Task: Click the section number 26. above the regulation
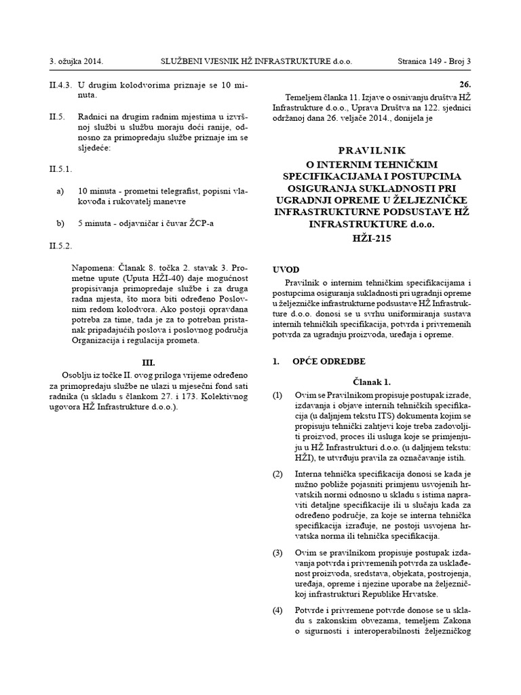point(464,86)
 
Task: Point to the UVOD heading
point(285,269)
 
